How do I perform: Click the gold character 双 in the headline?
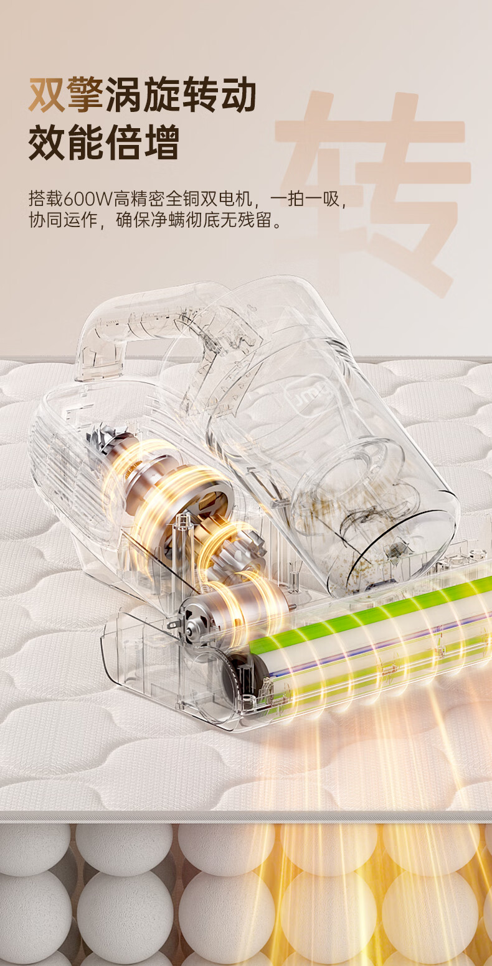click(x=47, y=95)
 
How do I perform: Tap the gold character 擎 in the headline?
click(x=84, y=95)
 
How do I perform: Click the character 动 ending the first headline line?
click(x=237, y=95)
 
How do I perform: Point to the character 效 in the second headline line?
click(x=47, y=142)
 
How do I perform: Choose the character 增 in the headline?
click(x=161, y=142)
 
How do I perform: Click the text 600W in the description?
click(x=88, y=199)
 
